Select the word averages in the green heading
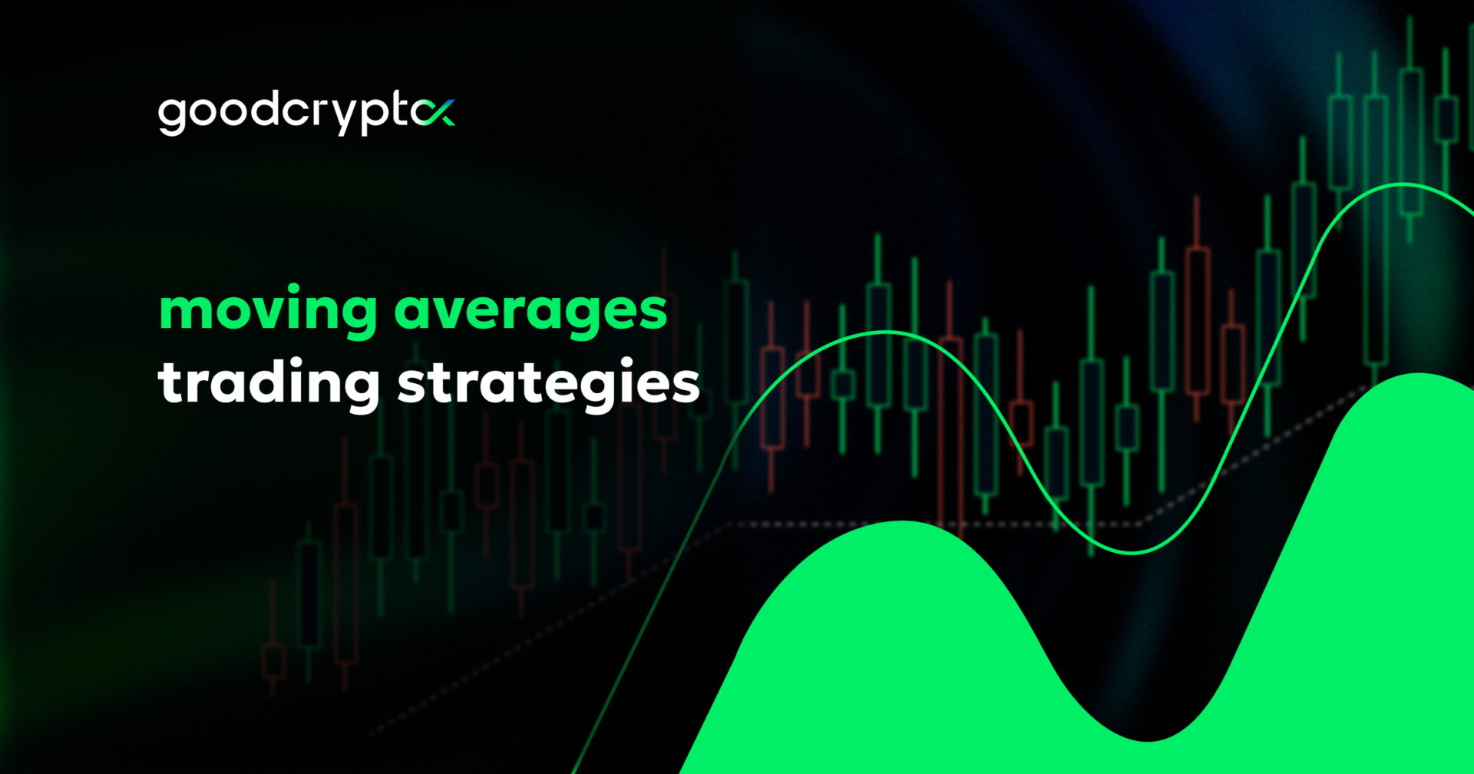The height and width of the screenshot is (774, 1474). click(x=530, y=311)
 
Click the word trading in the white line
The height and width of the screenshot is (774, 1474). click(x=268, y=382)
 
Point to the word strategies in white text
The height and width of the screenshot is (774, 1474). click(x=548, y=382)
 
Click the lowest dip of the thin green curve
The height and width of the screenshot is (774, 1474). click(x=1132, y=551)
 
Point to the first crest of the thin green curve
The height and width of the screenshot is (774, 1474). click(x=887, y=333)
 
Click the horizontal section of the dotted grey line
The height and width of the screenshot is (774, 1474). click(x=921, y=525)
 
